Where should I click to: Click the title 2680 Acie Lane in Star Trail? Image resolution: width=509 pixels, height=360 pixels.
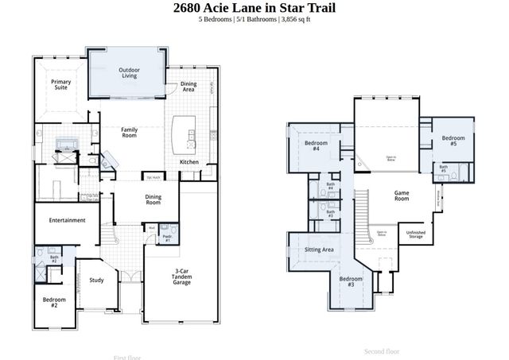(254, 8)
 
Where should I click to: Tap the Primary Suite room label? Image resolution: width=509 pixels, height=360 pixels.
(60, 85)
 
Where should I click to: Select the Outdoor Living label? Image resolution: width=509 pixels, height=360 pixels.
(129, 73)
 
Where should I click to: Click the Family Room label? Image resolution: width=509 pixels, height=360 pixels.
(129, 132)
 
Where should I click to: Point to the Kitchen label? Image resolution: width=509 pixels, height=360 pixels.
(189, 162)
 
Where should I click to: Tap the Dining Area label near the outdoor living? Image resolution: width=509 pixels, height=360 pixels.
(188, 87)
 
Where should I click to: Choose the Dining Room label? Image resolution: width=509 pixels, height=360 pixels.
(153, 199)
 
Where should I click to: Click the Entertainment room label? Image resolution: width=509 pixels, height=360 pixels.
(67, 220)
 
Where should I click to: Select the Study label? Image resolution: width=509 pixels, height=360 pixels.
(96, 280)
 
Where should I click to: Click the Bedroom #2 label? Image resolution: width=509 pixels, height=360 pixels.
(54, 302)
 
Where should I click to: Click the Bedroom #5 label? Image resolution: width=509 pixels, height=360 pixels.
(453, 141)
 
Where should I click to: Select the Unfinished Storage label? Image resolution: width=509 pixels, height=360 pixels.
(415, 234)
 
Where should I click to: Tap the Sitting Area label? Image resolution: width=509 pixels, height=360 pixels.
(319, 250)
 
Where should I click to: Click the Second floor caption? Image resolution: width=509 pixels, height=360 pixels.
(381, 350)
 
